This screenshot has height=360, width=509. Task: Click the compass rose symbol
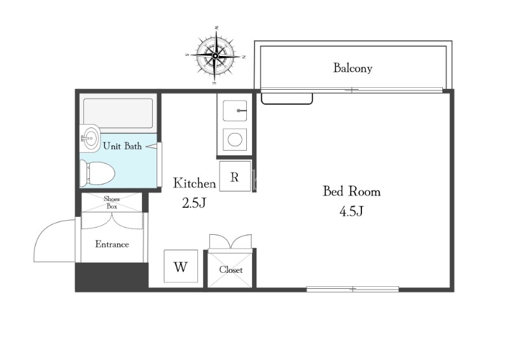215,56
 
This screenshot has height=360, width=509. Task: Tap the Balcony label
352,68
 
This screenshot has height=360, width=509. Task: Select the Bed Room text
352,191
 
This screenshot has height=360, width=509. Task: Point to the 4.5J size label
351,212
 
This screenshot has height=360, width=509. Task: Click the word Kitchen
194,183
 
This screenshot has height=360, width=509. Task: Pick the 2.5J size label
194,203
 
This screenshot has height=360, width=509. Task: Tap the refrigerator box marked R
235,176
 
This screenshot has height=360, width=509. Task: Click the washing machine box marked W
181,267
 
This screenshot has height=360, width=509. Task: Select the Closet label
231,270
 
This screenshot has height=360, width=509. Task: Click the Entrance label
112,244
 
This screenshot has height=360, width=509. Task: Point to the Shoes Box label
112,202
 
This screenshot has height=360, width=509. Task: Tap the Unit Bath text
122,146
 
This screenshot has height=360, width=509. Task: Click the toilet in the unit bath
97,174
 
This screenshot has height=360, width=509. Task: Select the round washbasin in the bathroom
90,138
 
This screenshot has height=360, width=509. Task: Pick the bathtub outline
118,113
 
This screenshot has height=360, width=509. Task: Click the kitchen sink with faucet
235,111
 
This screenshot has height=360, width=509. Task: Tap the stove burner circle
235,140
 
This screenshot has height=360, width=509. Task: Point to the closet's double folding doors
230,241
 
